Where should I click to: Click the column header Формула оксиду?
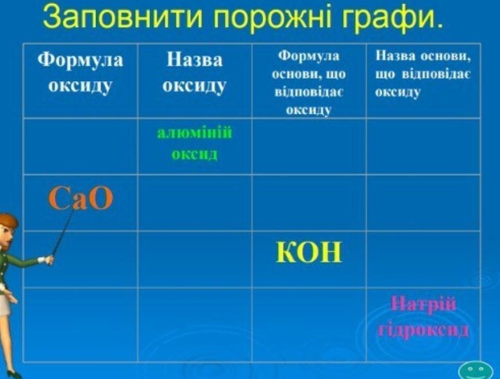pyautogui.click(x=80, y=73)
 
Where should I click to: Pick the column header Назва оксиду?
pyautogui.click(x=194, y=73)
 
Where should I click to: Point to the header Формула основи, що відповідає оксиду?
pyautogui.click(x=309, y=83)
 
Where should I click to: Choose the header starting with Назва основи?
pyautogui.click(x=423, y=74)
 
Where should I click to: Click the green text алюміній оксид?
pyautogui.click(x=194, y=143)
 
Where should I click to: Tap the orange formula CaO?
pyautogui.click(x=80, y=199)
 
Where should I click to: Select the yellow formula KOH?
pyautogui.click(x=309, y=252)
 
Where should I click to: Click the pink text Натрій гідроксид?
pyautogui.click(x=424, y=316)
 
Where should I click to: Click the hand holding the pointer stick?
pyautogui.click(x=49, y=259)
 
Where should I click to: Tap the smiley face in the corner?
pyautogui.click(x=476, y=371)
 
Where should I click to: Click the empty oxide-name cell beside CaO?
pyautogui.click(x=194, y=203)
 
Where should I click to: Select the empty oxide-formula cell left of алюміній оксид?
pyautogui.click(x=80, y=146)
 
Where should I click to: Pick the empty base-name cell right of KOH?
pyautogui.click(x=423, y=259)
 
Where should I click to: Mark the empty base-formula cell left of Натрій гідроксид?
pyautogui.click(x=309, y=325)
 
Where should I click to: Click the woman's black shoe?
pyautogui.click(x=15, y=374)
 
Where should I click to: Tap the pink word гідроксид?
pyautogui.click(x=424, y=329)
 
